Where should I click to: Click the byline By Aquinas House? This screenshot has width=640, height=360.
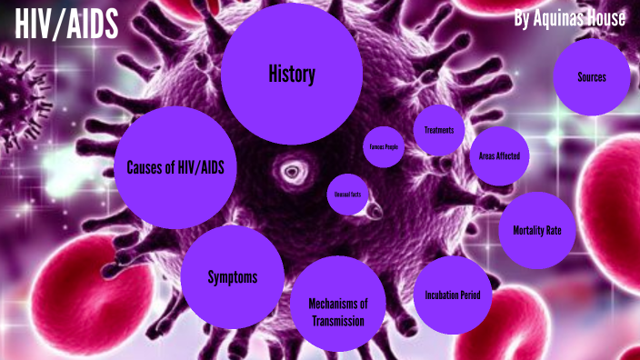pyautogui.click(x=569, y=18)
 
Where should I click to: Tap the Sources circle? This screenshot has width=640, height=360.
pyautogui.click(x=591, y=76)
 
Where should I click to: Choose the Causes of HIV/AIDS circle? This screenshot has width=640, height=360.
pyautogui.click(x=175, y=167)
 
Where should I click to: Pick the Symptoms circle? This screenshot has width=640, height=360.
pyautogui.click(x=232, y=277)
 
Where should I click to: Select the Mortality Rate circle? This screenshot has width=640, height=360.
pyautogui.click(x=537, y=230)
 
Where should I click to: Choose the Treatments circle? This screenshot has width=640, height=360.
pyautogui.click(x=439, y=130)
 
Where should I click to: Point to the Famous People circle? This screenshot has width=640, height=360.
pyautogui.click(x=384, y=146)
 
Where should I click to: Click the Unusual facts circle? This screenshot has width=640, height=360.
pyautogui.click(x=345, y=195)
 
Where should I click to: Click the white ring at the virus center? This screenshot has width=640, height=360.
pyautogui.click(x=292, y=170)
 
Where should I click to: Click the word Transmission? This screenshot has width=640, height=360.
pyautogui.click(x=336, y=321)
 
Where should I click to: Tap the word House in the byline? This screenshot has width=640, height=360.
pyautogui.click(x=605, y=18)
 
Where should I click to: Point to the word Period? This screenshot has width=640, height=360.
pyautogui.click(x=475, y=295)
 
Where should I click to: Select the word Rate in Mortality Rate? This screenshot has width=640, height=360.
pyautogui.click(x=561, y=230)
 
